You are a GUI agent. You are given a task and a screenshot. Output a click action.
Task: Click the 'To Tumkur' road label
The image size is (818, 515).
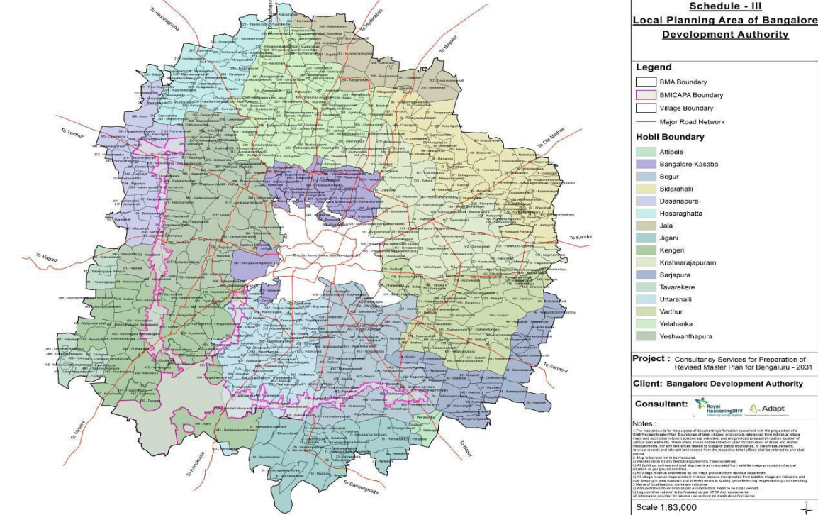72,133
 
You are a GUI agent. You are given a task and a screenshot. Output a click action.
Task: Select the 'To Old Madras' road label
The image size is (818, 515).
554,139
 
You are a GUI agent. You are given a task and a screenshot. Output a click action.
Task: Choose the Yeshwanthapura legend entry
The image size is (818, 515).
683,336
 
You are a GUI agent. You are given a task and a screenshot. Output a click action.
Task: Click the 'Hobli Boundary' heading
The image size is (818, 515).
670,137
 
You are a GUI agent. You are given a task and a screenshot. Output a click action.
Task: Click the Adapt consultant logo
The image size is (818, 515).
768,409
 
